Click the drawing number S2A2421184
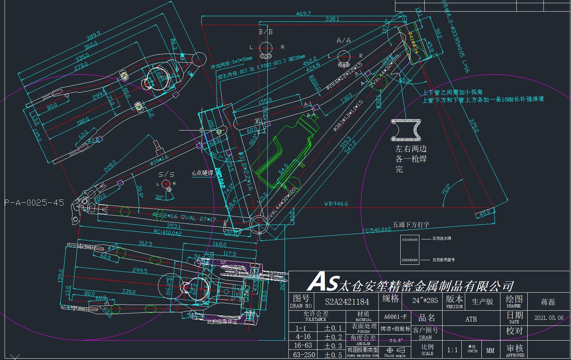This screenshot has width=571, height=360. coord(347,302)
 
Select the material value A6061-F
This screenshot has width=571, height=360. coord(395,317)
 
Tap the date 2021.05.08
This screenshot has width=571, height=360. coord(548,318)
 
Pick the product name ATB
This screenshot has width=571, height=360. coord(471,319)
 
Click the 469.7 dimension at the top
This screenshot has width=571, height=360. coord(303,13)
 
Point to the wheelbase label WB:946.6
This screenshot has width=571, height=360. coord(336,203)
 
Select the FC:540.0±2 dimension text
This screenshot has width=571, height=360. coord(377,230)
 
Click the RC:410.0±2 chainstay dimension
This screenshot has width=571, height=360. coord(168,233)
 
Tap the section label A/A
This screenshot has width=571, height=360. coord(344,41)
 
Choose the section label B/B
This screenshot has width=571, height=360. coord(266,32)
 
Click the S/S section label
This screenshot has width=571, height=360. coord(166,174)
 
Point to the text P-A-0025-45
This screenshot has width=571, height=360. coord(34,203)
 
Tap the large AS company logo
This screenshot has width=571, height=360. coord(323,282)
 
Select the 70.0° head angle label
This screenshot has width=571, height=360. coord(445,189)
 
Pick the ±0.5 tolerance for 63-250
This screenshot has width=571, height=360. coord(333,355)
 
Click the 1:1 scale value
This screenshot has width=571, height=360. coord(452,350)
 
